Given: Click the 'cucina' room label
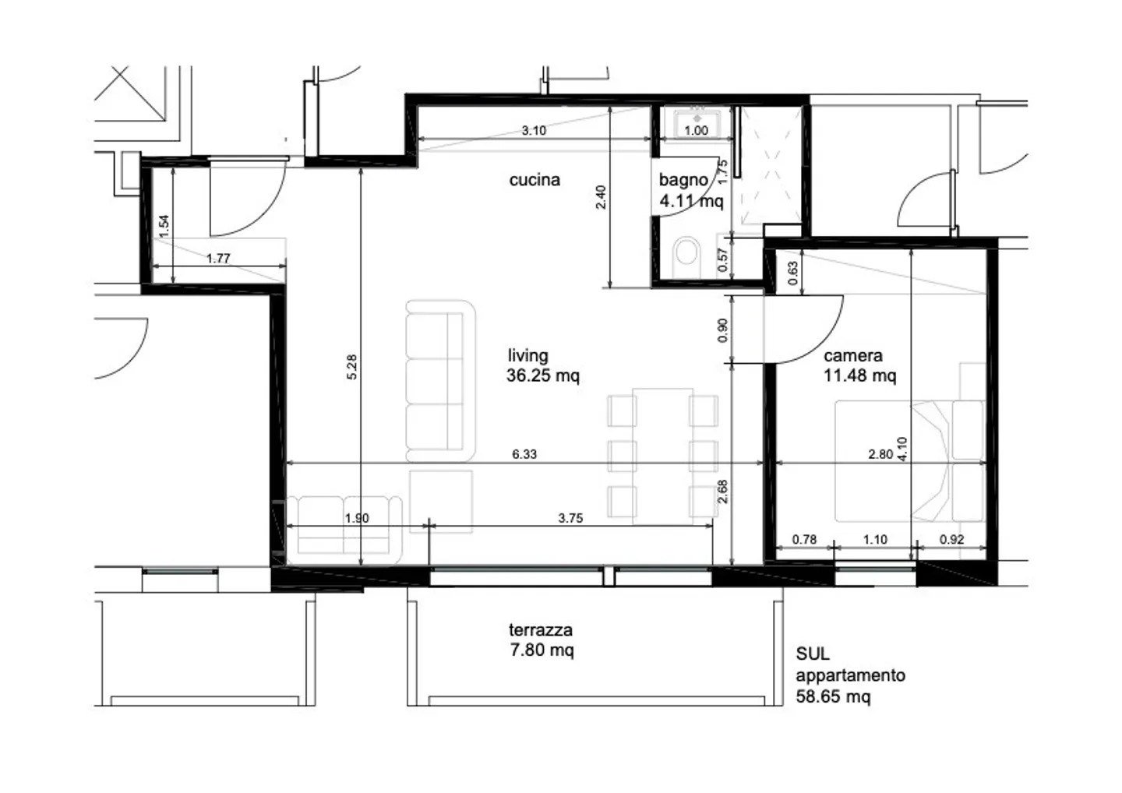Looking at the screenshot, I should click(x=535, y=180).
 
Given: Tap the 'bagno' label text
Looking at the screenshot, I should click(x=683, y=180).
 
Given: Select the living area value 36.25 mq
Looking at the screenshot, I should click(x=542, y=376).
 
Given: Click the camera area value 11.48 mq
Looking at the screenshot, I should click(x=859, y=376).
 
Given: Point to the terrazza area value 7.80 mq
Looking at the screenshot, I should click(x=542, y=650).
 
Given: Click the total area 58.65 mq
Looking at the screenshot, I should click(x=833, y=696).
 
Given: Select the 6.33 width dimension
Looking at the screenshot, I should click(x=524, y=454).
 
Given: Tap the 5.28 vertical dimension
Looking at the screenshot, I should click(x=352, y=366).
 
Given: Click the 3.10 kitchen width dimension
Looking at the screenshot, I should click(x=534, y=131).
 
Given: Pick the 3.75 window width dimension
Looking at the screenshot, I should click(x=570, y=518).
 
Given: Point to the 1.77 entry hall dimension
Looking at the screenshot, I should click(x=218, y=259).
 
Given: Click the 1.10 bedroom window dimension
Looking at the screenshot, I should click(x=875, y=539).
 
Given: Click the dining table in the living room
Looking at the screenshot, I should click(x=662, y=454).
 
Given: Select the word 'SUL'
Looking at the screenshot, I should click(x=812, y=654).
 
